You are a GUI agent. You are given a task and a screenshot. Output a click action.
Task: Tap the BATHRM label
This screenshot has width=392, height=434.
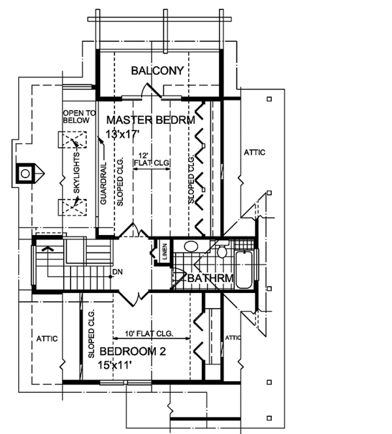[210, 279]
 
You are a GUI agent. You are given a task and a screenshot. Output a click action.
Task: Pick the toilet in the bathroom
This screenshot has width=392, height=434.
[222, 250]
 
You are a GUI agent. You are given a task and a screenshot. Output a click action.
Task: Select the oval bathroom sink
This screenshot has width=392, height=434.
[191, 247]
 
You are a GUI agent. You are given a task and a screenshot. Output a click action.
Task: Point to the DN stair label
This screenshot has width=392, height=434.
[118, 271]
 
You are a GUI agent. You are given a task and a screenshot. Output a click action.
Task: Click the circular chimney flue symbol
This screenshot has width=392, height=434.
[25, 174]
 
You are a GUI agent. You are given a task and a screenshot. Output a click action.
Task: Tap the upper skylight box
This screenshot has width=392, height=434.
[72, 141]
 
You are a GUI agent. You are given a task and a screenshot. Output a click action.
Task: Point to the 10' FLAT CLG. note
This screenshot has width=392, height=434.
[151, 333]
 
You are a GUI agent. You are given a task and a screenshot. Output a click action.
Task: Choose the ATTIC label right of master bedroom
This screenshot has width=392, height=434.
[254, 153]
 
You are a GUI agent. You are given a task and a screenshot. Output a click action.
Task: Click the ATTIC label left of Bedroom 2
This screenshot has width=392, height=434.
[46, 339]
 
